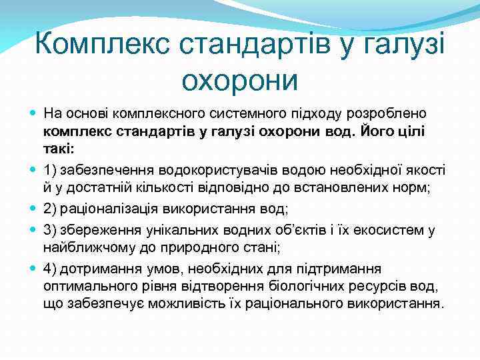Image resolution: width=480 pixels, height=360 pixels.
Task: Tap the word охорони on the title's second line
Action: [239, 81]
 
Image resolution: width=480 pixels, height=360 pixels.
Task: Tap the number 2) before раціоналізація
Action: [49, 209]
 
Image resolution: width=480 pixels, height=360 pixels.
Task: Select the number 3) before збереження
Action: [49, 230]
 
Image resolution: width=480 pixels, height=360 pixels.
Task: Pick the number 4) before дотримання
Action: [49, 269]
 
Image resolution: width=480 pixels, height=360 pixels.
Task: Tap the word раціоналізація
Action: [107, 209]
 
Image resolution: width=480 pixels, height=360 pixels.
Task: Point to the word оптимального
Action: [82, 287]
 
